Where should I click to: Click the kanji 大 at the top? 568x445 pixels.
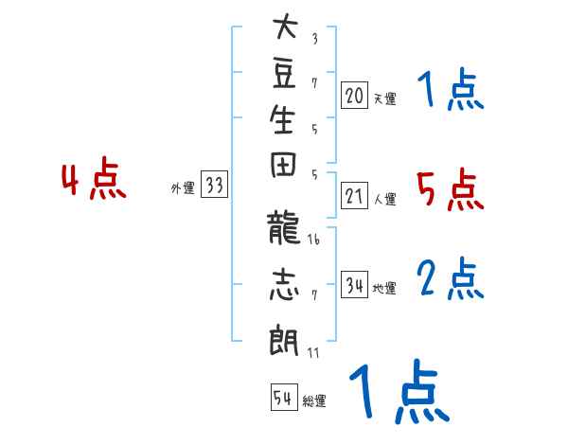[286, 26]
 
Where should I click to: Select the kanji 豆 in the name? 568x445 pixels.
[284, 73]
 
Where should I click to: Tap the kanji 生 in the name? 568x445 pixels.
[282, 119]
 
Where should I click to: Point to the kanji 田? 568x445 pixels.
[283, 165]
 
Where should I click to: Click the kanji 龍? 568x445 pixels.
[283, 227]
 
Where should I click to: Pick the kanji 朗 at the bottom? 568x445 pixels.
[284, 341]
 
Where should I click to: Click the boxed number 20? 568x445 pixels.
[354, 95]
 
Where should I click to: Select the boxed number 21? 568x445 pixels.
[354, 195]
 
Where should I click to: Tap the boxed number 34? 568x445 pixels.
[354, 284]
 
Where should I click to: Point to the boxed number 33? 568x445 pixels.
[214, 184]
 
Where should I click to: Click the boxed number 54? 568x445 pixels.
[284, 397]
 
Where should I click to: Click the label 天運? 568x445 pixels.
[385, 98]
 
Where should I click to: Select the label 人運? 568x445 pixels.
[385, 199]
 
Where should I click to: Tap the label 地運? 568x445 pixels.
[384, 288]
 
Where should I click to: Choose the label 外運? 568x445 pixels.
[183, 188]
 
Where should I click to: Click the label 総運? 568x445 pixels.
[314, 400]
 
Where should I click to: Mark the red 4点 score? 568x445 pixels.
[94, 178]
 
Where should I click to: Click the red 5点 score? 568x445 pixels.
[451, 189]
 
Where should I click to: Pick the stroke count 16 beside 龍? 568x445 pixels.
[313, 240]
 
